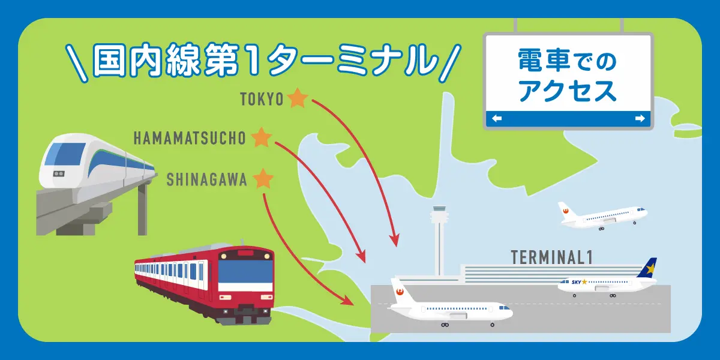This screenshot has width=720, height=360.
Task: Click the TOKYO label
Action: coord(262,99)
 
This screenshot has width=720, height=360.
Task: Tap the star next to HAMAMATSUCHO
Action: coord(262,138)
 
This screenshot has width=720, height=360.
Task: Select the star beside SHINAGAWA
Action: coord(263,179)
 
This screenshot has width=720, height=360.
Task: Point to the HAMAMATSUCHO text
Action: coord(190,139)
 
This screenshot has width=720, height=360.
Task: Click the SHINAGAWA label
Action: coord(206,179)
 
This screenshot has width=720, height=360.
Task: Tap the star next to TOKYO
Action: coord(297,98)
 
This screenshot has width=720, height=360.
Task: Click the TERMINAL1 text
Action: coord(551,257)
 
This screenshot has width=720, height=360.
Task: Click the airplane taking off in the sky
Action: coord(603,215)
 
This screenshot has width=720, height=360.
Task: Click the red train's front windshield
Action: coord(245,272)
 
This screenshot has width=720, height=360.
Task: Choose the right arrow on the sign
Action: coord(639,119)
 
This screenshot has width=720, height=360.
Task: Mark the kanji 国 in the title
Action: coord(107,59)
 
